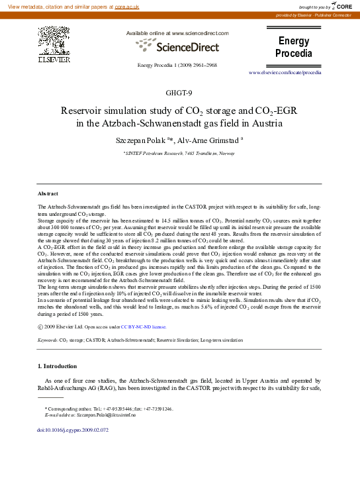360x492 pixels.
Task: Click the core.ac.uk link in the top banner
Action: (126, 5)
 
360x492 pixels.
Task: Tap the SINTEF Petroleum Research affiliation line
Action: (179, 153)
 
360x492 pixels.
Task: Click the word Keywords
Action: (47, 339)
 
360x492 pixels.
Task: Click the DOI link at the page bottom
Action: (73, 430)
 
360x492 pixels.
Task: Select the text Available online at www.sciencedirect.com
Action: (177, 33)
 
